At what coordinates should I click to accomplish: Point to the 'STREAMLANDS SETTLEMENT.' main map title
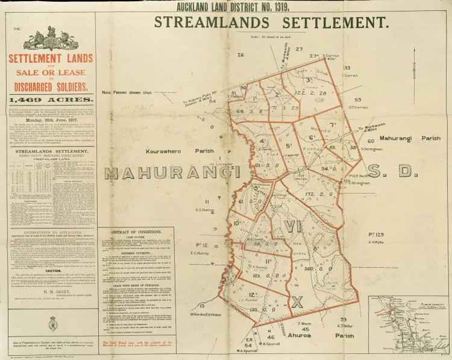[271, 23]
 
